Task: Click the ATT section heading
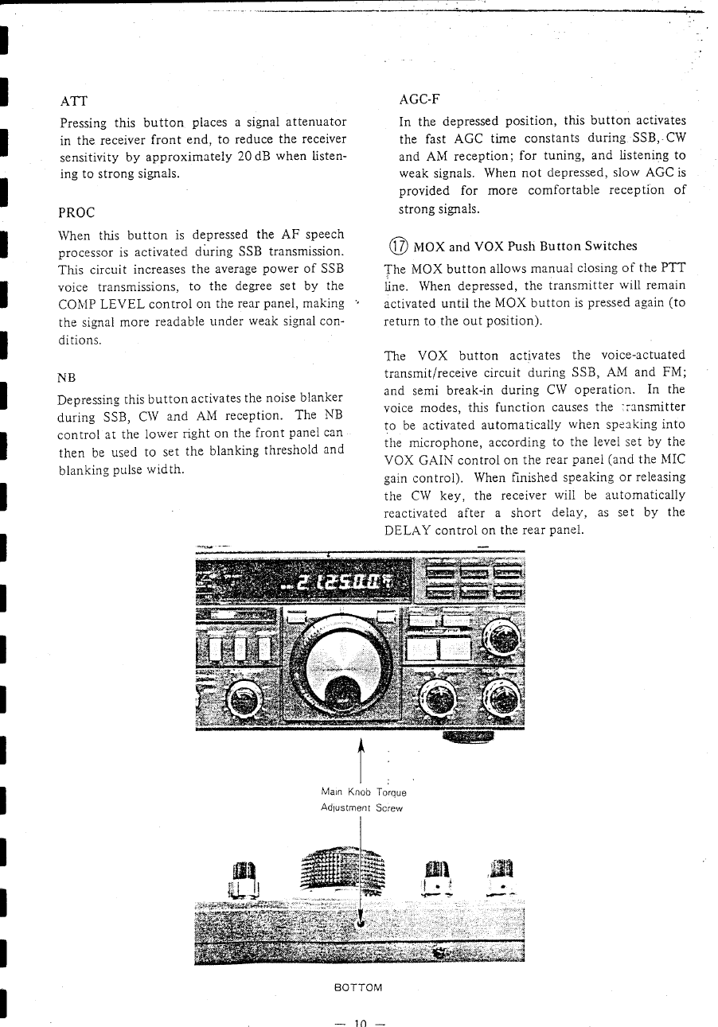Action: click(x=73, y=101)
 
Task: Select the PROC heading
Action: click(x=77, y=212)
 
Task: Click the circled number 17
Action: click(x=394, y=246)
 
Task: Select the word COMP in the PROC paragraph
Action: click(x=76, y=303)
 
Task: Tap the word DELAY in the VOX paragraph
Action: click(x=407, y=531)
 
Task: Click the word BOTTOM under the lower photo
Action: click(x=358, y=987)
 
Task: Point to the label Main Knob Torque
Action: click(x=363, y=792)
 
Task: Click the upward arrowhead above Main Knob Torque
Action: click(x=361, y=745)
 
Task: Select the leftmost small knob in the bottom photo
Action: click(x=242, y=878)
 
